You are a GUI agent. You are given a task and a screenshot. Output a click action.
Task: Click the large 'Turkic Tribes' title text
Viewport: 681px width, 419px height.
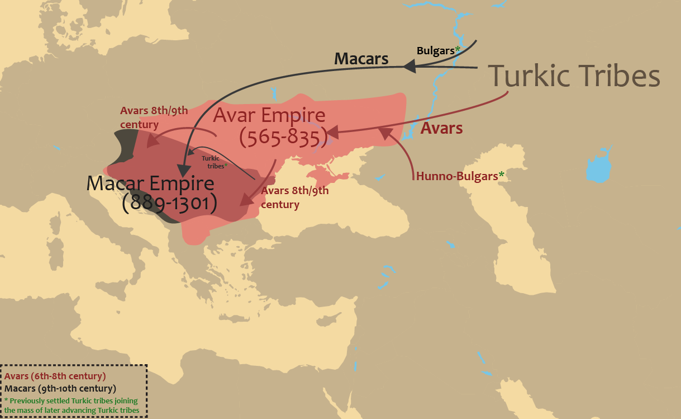(574, 75)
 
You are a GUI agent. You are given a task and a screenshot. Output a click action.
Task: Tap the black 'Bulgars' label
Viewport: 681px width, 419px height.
(435, 50)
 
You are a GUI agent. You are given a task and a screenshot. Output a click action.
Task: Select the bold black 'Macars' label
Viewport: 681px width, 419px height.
(361, 59)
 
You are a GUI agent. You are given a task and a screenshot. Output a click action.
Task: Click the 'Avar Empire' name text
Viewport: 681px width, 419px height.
(269, 116)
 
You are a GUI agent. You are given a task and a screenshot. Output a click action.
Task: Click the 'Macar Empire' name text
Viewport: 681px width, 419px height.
(150, 183)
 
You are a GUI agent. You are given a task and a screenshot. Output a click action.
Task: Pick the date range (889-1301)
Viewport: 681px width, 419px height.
(169, 203)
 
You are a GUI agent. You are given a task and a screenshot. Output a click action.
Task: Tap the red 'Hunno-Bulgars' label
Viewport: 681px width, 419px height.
(456, 176)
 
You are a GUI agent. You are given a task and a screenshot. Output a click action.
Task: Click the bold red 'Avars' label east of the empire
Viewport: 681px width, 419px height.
(441, 128)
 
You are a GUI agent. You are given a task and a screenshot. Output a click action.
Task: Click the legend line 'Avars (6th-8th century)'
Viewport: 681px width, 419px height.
(55, 376)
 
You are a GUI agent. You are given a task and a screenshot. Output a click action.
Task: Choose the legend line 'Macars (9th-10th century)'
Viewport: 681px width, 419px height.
(60, 388)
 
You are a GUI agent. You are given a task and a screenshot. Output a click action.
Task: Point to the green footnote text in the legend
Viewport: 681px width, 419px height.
(71, 406)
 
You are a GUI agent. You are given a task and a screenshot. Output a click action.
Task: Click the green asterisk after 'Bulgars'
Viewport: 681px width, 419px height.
(458, 50)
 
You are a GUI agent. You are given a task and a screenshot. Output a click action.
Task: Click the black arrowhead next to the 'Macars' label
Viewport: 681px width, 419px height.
(409, 67)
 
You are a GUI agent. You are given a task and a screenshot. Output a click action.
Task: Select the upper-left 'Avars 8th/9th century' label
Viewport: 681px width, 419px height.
(154, 117)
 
